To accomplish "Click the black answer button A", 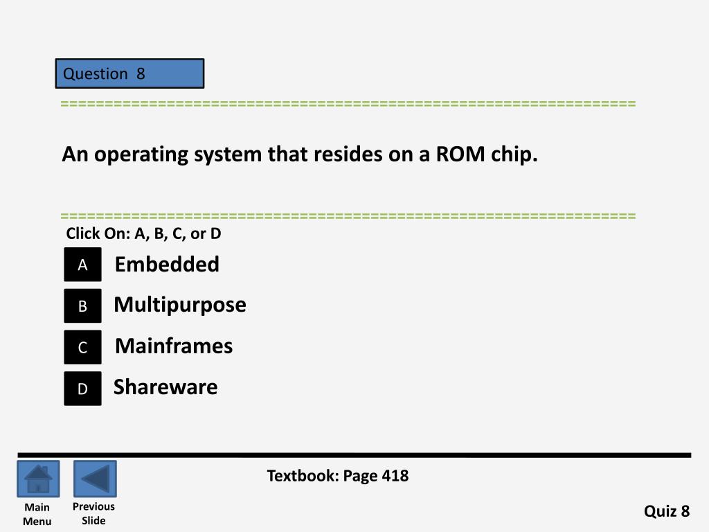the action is pos(82,265).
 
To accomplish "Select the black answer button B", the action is pos(82,306).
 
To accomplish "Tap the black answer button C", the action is pos(82,347).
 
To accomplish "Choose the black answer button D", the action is pos(82,389).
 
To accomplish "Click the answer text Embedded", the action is pos(167,264).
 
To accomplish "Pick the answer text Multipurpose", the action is pos(180,305).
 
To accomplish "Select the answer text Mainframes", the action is pos(174,346).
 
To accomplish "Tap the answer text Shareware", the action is pos(165,387).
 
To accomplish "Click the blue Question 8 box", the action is pos(129,73).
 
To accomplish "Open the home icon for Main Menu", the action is pos(38,479).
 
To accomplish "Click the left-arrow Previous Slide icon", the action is pos(95,479).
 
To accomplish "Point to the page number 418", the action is pos(395,476).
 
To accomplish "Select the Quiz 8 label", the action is pos(667,511).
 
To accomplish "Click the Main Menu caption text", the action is pos(37,514).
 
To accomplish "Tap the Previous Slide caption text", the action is pos(93,513).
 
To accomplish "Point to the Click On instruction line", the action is pos(143,233).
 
